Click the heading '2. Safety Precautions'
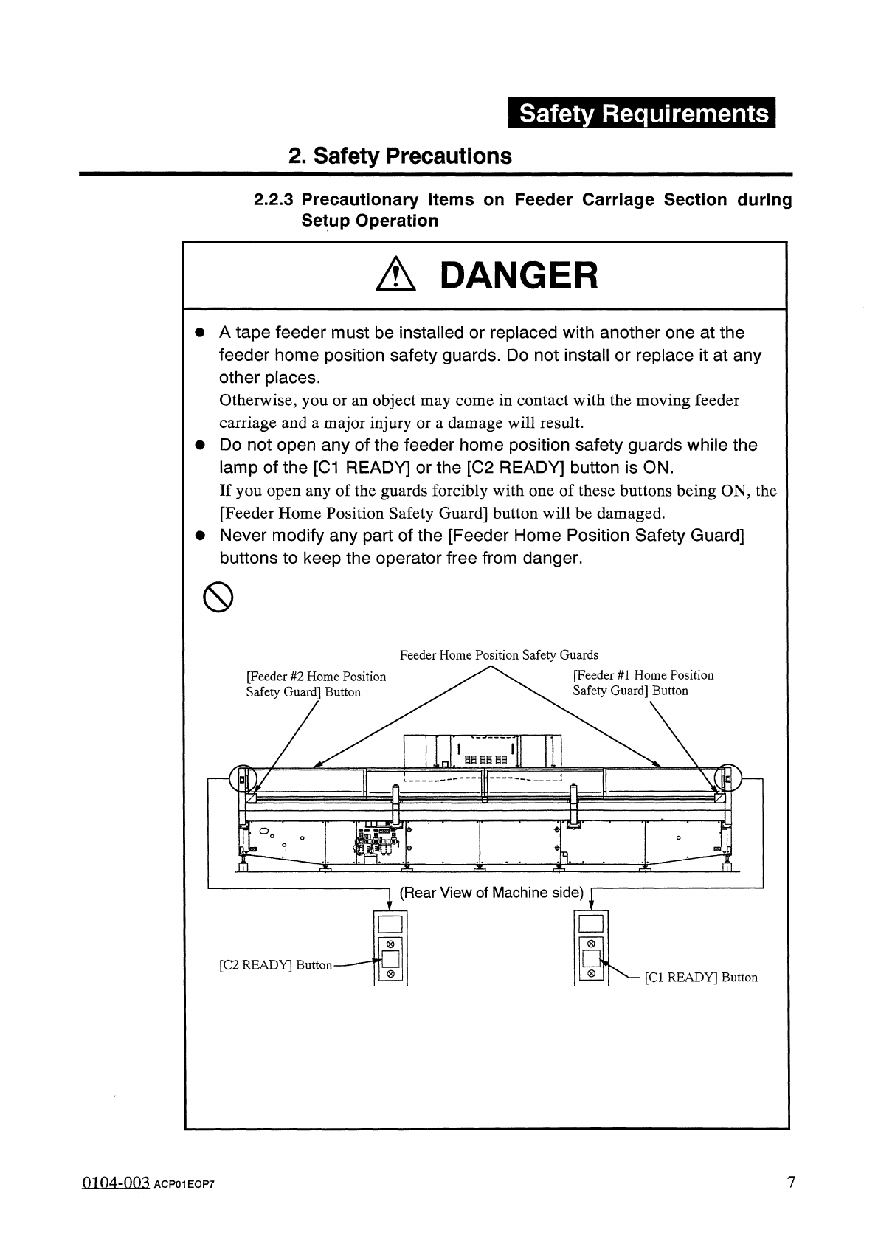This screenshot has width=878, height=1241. pyautogui.click(x=400, y=156)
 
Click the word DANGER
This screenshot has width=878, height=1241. pyautogui.click(x=518, y=276)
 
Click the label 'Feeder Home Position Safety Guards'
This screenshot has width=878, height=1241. pyautogui.click(x=499, y=655)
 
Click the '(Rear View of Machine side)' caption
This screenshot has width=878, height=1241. pyautogui.click(x=491, y=893)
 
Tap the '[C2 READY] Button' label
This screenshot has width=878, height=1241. pyautogui.click(x=276, y=965)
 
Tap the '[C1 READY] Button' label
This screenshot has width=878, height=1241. pyautogui.click(x=701, y=978)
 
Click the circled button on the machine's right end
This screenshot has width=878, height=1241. pyautogui.click(x=727, y=777)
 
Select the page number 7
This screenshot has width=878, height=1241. pyautogui.click(x=791, y=1183)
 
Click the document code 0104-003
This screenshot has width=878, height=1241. pyautogui.click(x=114, y=1183)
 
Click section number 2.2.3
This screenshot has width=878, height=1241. pyautogui.click(x=274, y=200)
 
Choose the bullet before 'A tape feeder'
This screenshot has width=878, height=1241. pyautogui.click(x=198, y=333)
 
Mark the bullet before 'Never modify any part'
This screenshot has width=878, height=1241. pyautogui.click(x=198, y=536)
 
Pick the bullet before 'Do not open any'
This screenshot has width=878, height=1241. pyautogui.click(x=198, y=446)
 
